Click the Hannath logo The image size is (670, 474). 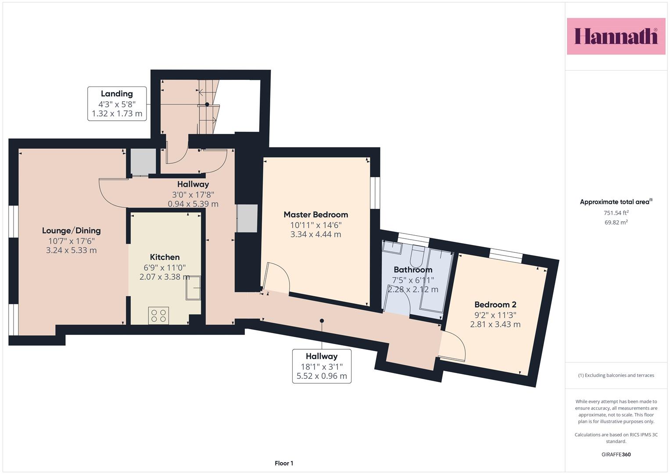(x=616, y=36)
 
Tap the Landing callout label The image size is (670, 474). (x=117, y=104)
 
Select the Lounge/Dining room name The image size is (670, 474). (x=71, y=230)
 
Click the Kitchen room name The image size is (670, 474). (x=165, y=257)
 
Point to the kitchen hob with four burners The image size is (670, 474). (x=158, y=316)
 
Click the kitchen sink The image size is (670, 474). (x=193, y=287)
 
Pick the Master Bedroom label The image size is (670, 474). (x=316, y=215)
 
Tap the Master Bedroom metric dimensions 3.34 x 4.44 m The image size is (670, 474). (x=316, y=234)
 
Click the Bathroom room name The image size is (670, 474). (x=413, y=269)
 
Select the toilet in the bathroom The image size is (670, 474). (x=418, y=256)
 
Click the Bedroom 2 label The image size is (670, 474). (x=495, y=305)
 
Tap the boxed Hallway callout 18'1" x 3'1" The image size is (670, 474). (x=322, y=366)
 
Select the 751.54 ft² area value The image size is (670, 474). (x=616, y=213)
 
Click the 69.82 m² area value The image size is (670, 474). (x=616, y=223)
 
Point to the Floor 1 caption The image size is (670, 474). (x=284, y=463)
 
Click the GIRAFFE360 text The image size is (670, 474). (x=616, y=454)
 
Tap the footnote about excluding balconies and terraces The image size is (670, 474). (x=616, y=375)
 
